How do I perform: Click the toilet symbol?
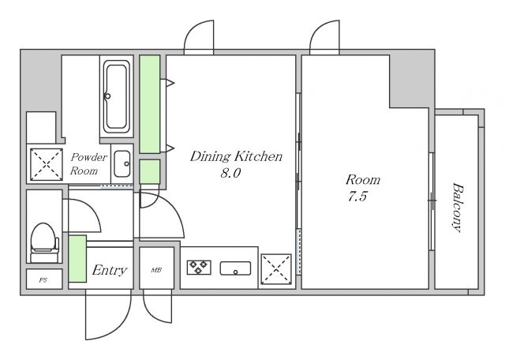(44, 242)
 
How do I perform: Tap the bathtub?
(117, 96)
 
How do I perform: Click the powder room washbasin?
(122, 163)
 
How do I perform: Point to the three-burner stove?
(199, 267)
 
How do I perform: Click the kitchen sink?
(235, 268)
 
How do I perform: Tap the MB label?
(156, 270)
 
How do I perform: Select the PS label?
(43, 280)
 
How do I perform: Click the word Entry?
(110, 270)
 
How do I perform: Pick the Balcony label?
(458, 207)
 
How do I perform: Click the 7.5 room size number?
(357, 196)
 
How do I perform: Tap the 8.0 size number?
(230, 173)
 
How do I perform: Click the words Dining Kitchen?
(236, 156)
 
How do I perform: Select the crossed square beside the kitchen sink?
(276, 269)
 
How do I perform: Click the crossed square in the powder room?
(47, 164)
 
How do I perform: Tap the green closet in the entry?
(77, 259)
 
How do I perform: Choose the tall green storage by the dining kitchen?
(150, 103)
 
